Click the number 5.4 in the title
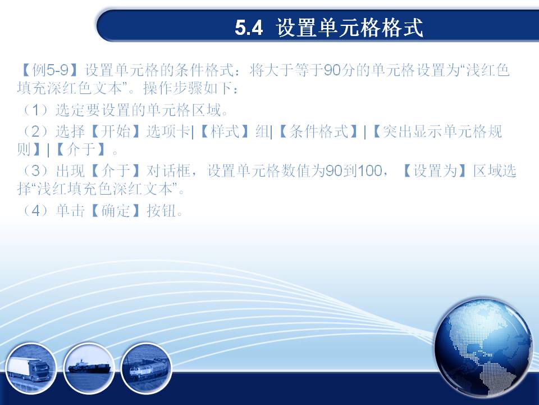coord(249,28)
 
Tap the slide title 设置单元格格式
coord(349,28)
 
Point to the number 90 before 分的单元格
coord(332,70)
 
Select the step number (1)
coord(36,110)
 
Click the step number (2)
coord(36,131)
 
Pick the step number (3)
coord(36,170)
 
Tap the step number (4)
coord(36,210)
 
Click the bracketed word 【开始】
coord(116,131)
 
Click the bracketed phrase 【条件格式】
coord(318,131)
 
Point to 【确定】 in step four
coord(116,210)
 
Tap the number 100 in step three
coord(369,170)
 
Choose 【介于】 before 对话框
coord(116,170)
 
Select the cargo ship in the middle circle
coord(90,367)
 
